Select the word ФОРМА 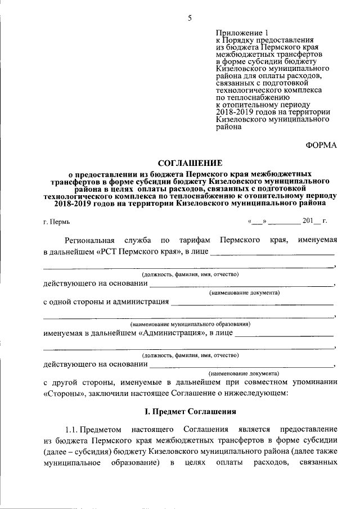coord(321,145)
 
